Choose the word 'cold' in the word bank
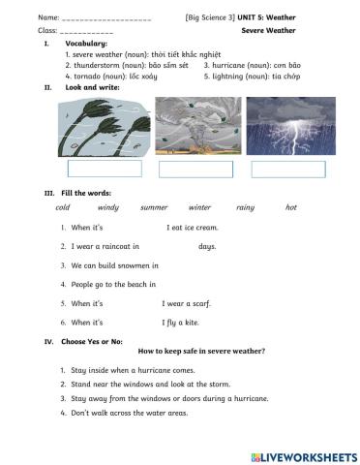click(x=63, y=207)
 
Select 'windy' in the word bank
click(x=107, y=207)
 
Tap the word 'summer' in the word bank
click(x=154, y=207)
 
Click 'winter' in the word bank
click(x=199, y=207)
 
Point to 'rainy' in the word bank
click(x=245, y=207)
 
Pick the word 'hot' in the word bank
click(x=291, y=207)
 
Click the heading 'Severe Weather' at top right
click(x=268, y=31)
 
